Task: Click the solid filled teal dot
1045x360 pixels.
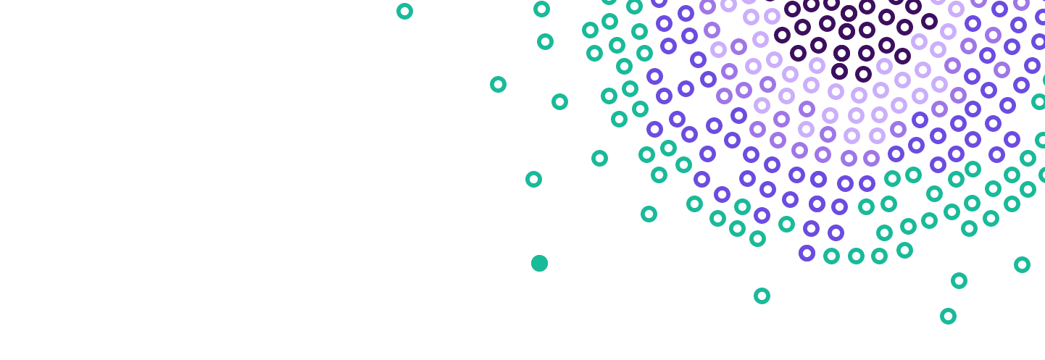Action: point(539,263)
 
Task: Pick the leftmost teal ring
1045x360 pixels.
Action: point(404,11)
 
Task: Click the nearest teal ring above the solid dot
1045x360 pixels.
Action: point(533,179)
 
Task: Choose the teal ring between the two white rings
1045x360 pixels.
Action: point(762,296)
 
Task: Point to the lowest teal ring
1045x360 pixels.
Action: point(948,316)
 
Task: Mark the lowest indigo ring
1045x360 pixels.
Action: point(807,253)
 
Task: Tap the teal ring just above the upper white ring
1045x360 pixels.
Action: point(649,214)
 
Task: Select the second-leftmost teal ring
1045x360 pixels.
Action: point(498,84)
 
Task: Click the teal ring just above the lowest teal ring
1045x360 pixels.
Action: point(959,280)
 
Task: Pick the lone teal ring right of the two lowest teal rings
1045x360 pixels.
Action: point(1022,264)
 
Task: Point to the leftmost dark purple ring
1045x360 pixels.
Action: point(782,35)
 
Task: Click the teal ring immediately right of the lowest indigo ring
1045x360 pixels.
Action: point(831,256)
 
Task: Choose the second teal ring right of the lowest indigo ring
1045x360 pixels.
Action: point(856,256)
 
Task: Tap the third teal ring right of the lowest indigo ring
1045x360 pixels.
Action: point(879,256)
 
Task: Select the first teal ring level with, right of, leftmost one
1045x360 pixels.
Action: point(541,9)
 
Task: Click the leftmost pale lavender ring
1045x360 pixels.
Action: point(718,49)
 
